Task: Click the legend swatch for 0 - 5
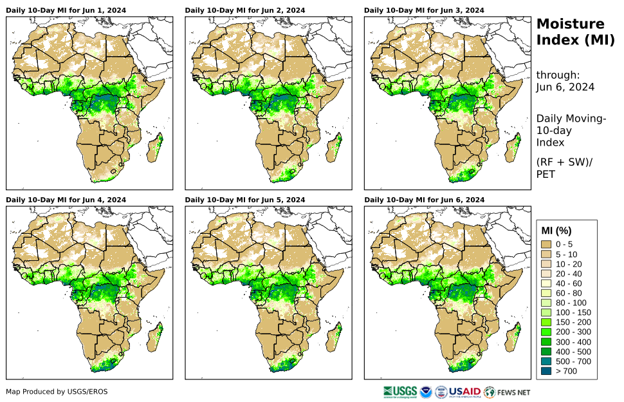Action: (547, 244)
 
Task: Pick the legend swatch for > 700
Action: (547, 371)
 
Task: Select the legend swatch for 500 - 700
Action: (547, 361)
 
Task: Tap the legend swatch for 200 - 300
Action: (547, 332)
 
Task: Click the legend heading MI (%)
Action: (556, 231)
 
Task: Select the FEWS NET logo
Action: (508, 392)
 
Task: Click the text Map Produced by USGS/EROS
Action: (57, 392)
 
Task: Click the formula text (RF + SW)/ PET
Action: (564, 167)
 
